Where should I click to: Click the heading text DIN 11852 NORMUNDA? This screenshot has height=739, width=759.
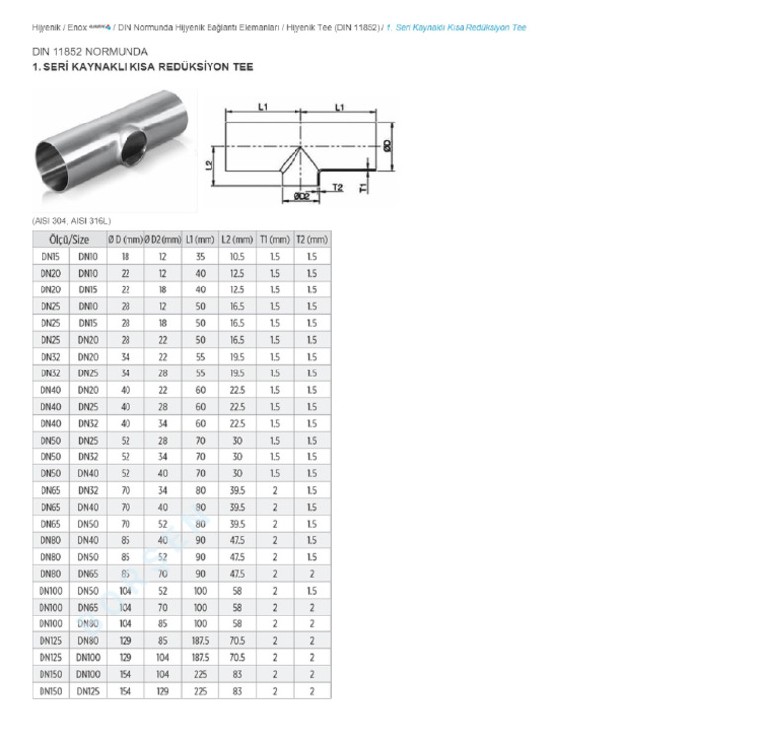(x=90, y=50)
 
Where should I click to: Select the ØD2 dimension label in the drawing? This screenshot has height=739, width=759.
(x=302, y=197)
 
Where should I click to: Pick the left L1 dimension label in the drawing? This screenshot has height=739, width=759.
(x=263, y=106)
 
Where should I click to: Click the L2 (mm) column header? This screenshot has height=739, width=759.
(x=237, y=239)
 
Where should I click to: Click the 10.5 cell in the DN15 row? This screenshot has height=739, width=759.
(x=237, y=256)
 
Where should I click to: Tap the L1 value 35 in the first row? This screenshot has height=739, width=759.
(x=201, y=256)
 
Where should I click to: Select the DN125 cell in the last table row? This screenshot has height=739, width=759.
(x=88, y=691)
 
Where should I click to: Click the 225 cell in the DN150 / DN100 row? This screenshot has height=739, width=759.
(x=201, y=674)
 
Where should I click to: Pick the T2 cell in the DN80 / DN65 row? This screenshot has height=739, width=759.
(x=312, y=573)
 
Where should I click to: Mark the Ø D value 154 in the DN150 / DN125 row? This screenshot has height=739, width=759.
(x=126, y=691)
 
